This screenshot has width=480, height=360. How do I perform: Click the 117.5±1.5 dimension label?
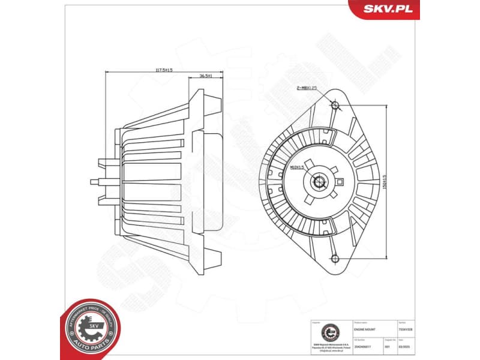(164, 70)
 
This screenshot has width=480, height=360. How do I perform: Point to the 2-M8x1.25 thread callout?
(306, 88)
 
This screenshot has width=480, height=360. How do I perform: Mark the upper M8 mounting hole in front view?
(335, 106)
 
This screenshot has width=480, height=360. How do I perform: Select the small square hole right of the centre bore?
(340, 182)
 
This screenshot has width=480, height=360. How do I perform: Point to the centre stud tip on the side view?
(92, 181)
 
